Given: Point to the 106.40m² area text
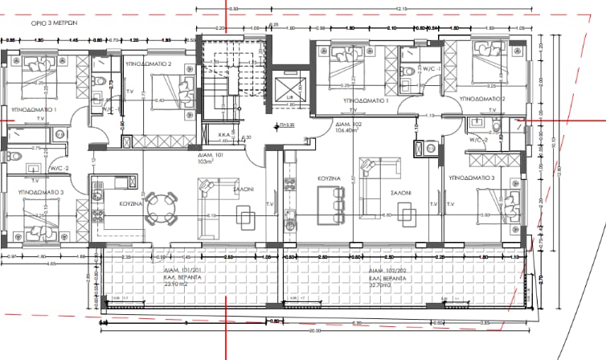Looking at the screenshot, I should point(347,131).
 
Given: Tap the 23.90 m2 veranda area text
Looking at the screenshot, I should point(184,284).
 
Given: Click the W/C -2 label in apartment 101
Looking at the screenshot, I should point(59,168).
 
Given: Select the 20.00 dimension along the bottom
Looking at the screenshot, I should point(313,330).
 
